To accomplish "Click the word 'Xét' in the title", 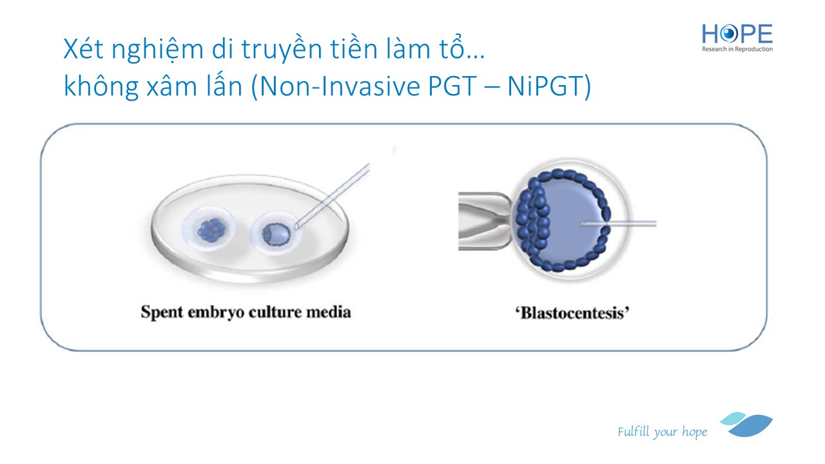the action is [x=83, y=48].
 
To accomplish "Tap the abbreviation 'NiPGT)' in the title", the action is [x=549, y=87].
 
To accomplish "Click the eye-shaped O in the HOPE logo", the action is [x=729, y=34].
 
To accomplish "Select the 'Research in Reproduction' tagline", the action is [x=737, y=49].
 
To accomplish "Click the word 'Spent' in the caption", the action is [x=162, y=313].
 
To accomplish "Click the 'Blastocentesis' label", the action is [x=572, y=313].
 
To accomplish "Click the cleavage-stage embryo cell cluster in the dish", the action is [x=211, y=231].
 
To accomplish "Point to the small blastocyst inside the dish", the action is [x=276, y=235].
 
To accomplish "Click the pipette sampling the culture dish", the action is [x=332, y=196].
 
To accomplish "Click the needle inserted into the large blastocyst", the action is [x=618, y=223].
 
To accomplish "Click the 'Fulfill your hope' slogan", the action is [x=662, y=432].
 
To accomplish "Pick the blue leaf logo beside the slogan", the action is [x=746, y=425].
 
